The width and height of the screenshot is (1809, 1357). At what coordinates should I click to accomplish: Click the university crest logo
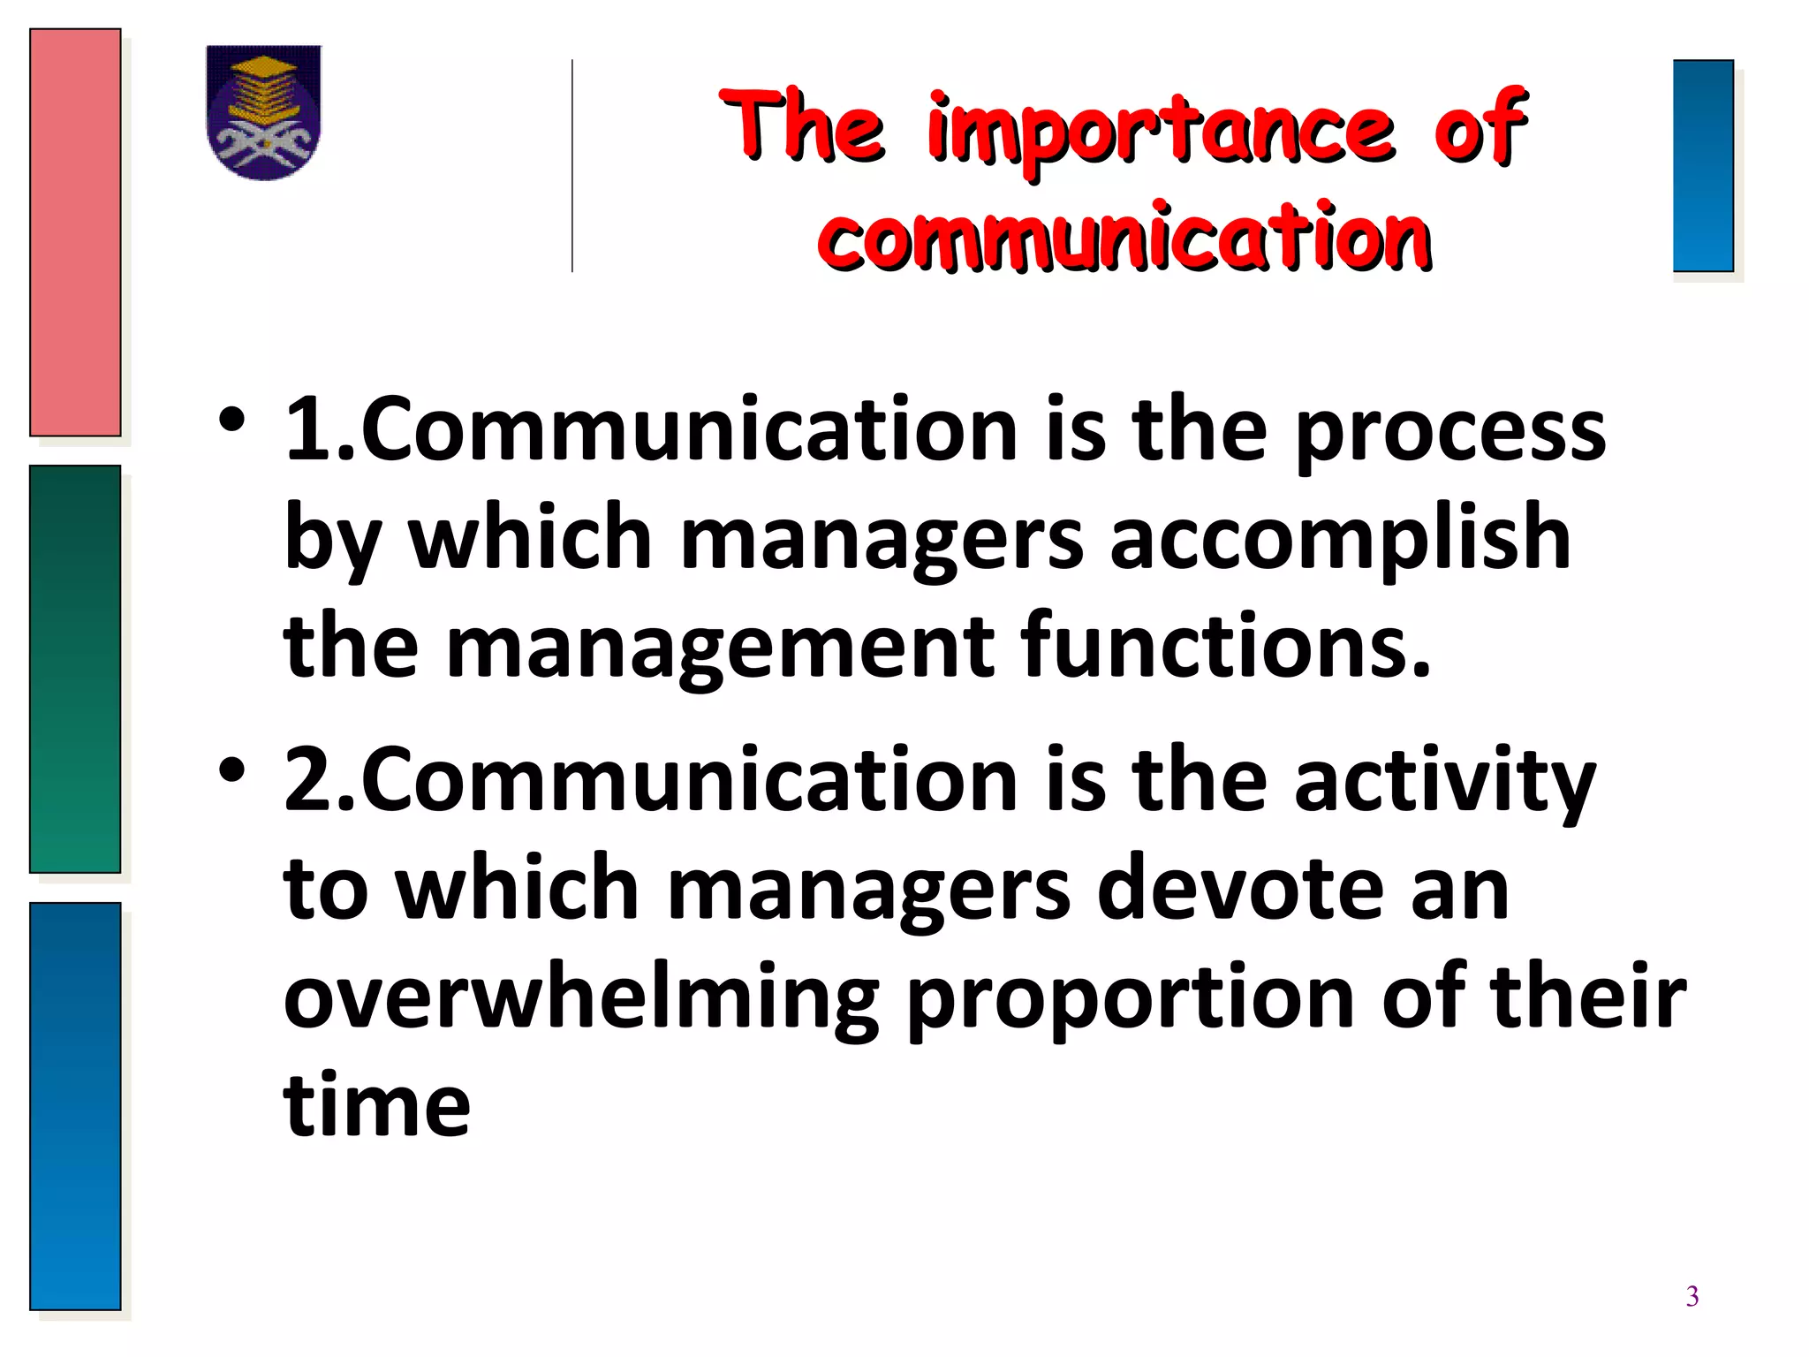pyautogui.click(x=263, y=112)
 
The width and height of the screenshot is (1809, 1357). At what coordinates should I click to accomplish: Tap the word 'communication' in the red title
pyautogui.click(x=1124, y=238)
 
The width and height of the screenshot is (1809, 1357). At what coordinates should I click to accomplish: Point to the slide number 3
pyautogui.click(x=1692, y=1296)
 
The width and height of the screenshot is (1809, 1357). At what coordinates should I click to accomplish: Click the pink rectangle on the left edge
pyautogui.click(x=75, y=232)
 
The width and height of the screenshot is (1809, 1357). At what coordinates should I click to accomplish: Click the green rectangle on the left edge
pyautogui.click(x=75, y=669)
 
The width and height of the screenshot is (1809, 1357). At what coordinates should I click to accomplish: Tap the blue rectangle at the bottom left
pyautogui.click(x=75, y=1105)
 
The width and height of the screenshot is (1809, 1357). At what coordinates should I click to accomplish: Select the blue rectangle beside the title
pyautogui.click(x=1703, y=165)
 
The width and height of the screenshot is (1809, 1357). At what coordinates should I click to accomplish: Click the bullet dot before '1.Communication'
pyautogui.click(x=232, y=421)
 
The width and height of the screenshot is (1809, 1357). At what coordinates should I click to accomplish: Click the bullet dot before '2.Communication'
pyautogui.click(x=232, y=771)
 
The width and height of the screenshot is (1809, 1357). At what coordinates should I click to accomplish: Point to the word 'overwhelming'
pyautogui.click(x=581, y=998)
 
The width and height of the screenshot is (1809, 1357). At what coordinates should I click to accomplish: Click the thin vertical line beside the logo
pyautogui.click(x=572, y=165)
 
